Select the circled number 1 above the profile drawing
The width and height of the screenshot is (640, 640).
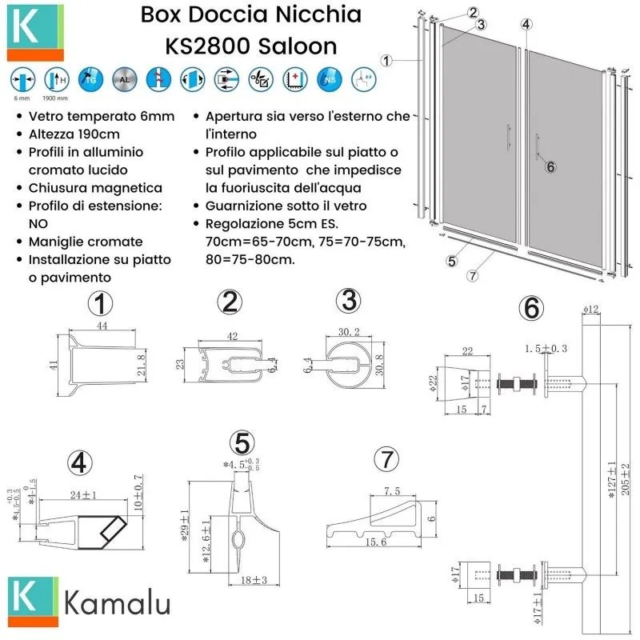tap(101, 304)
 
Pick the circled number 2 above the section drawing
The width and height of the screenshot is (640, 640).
tap(230, 302)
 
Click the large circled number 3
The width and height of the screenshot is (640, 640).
tap(348, 302)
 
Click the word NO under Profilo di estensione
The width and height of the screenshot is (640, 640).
tap(39, 223)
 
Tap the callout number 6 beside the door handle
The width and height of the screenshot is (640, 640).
tap(550, 166)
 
